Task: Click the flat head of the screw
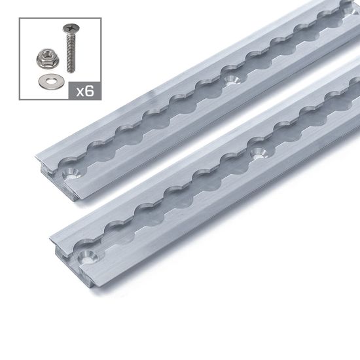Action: coord(68,28)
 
